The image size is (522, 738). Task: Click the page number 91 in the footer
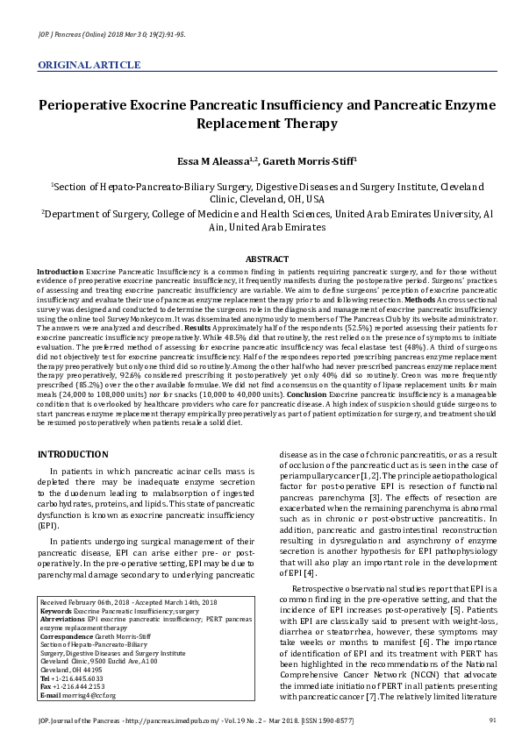click(492, 720)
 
